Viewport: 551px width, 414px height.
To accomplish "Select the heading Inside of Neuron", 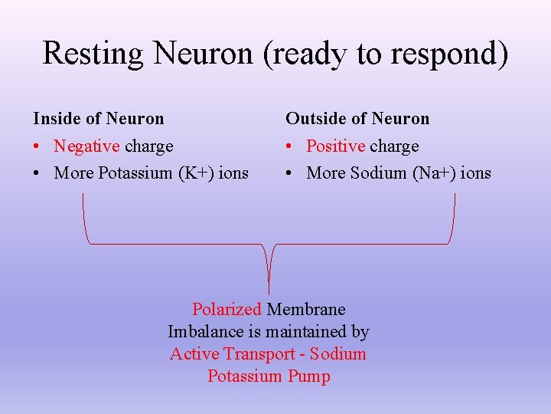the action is click(x=98, y=118).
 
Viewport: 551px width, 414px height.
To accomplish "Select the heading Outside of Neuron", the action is click(x=357, y=118).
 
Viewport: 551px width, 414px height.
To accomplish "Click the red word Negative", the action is click(x=86, y=146).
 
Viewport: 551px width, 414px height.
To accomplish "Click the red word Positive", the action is click(x=335, y=146).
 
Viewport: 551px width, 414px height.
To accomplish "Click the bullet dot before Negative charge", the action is click(x=37, y=146).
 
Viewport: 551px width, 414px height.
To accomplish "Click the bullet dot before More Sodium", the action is click(x=289, y=173).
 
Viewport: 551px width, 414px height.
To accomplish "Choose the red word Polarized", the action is click(x=227, y=309).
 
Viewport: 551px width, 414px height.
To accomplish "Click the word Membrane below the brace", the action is click(x=306, y=309).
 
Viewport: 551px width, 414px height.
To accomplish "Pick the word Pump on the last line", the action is click(x=309, y=376).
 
